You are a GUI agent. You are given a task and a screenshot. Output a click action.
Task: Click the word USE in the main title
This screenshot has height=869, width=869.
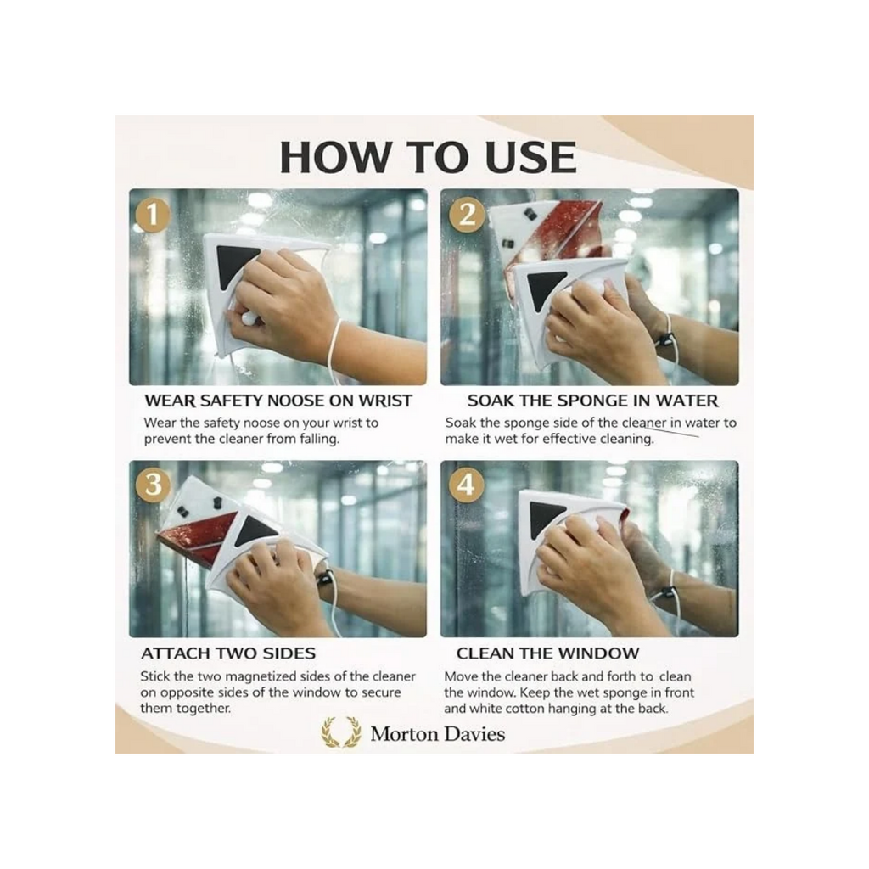pyautogui.click(x=531, y=157)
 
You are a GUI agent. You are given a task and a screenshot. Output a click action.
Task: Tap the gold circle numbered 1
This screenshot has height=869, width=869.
pyautogui.click(x=152, y=215)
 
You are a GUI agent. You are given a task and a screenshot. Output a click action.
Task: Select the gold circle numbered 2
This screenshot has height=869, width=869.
pyautogui.click(x=467, y=215)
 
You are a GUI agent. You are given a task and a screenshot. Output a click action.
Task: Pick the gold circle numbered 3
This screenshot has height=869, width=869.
pyautogui.click(x=153, y=485)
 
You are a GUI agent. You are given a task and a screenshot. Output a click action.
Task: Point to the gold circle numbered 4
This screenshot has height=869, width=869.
pyautogui.click(x=467, y=485)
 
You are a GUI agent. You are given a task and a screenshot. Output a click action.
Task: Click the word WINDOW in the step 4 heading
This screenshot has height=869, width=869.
pyautogui.click(x=600, y=653)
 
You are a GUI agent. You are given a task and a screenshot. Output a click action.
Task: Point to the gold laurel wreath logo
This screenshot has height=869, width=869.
pyautogui.click(x=341, y=732)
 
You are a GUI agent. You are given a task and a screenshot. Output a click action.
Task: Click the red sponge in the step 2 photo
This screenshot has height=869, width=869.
pyautogui.click(x=565, y=232)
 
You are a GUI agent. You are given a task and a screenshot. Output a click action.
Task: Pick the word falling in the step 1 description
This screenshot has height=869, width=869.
pyautogui.click(x=319, y=439)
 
